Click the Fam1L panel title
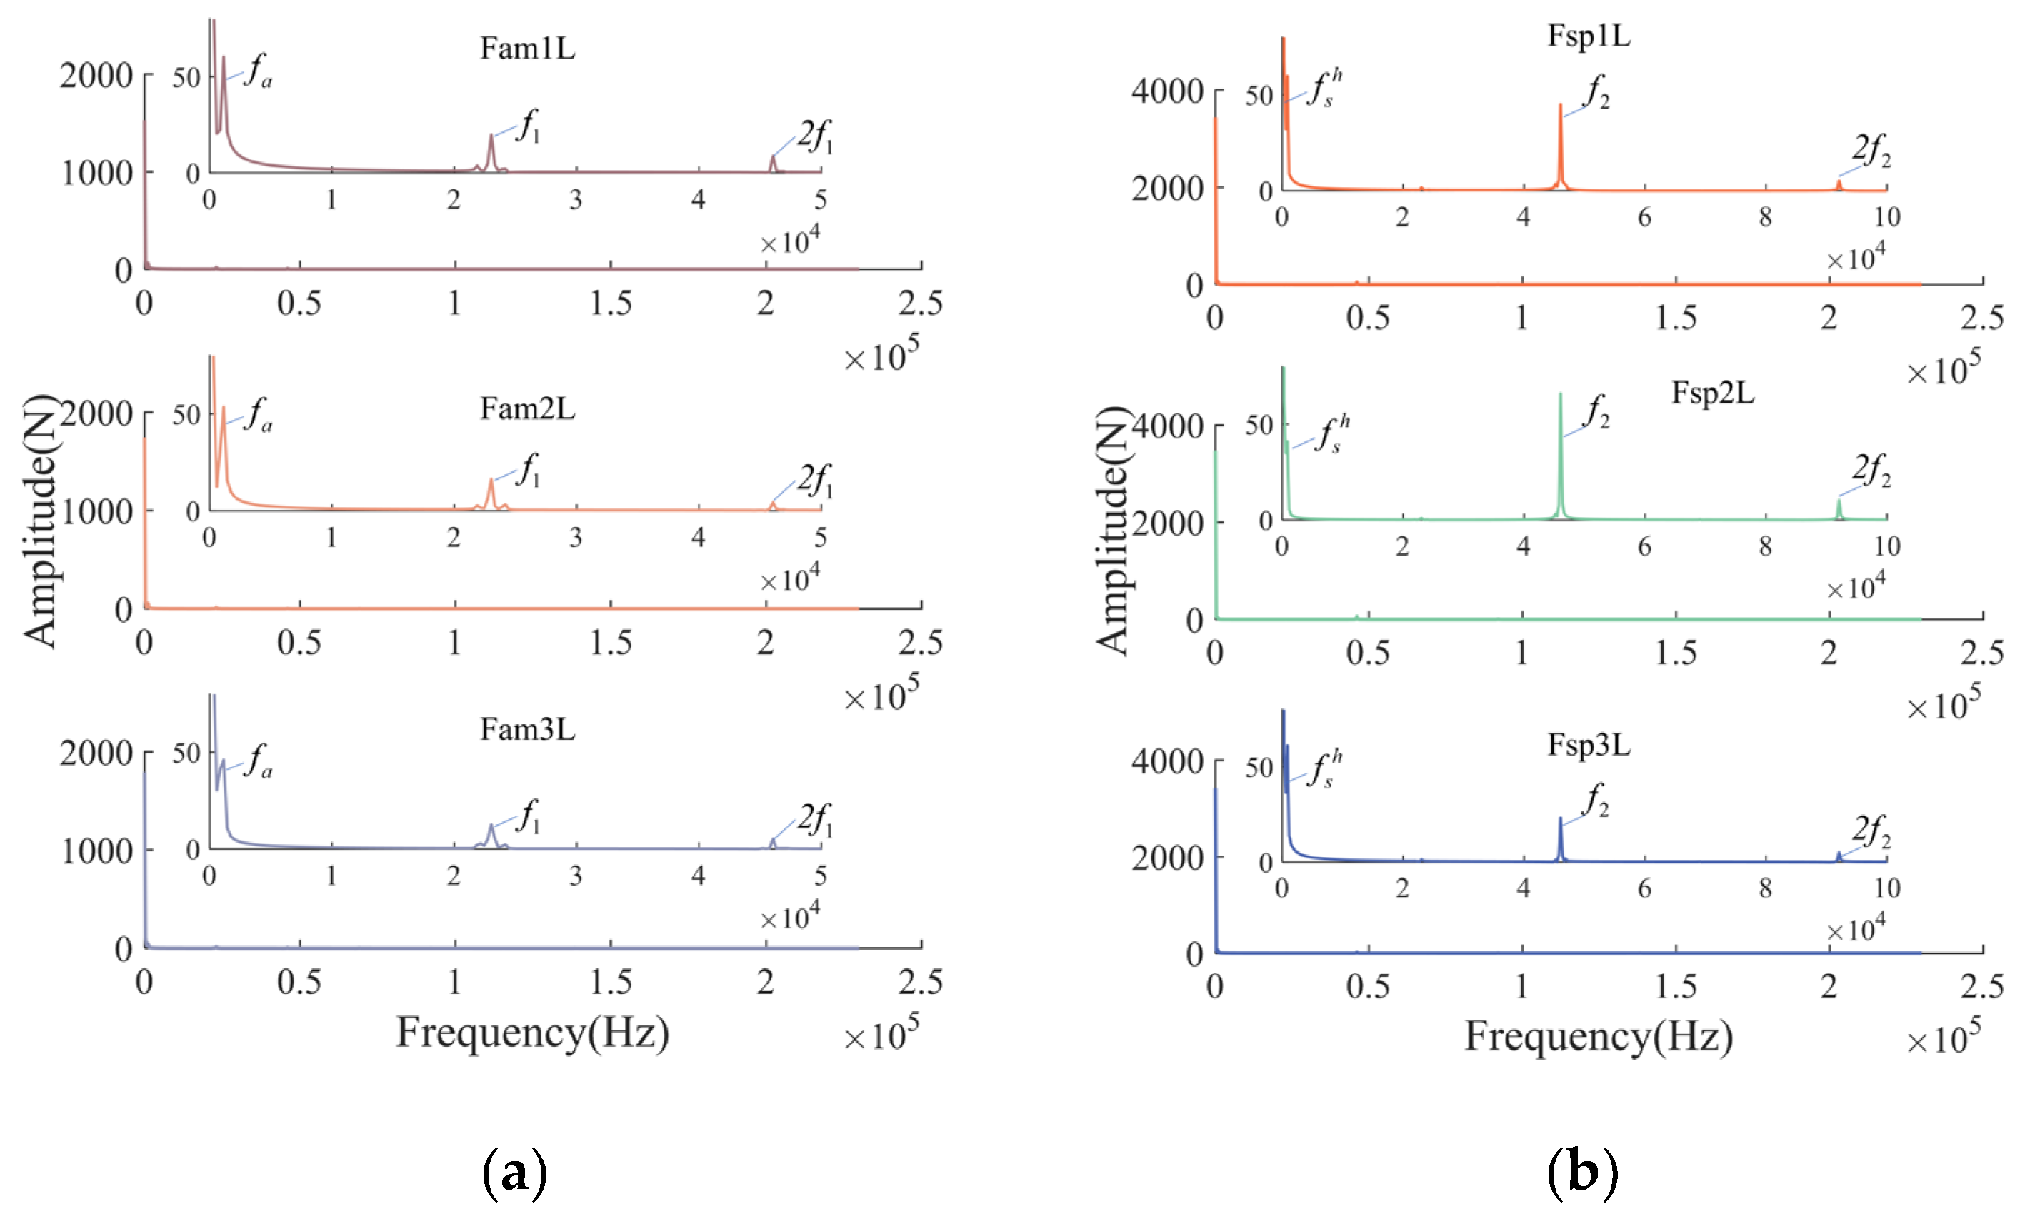click(527, 49)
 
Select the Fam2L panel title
click(527, 408)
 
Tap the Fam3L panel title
click(527, 729)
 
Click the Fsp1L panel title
click(1588, 36)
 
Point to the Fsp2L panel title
click(1713, 393)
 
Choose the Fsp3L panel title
click(1588, 745)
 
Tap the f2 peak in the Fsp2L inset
click(1560, 398)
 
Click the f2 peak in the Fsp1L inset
click(1560, 107)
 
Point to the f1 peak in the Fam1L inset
click(491, 138)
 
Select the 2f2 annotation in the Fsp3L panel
click(1871, 831)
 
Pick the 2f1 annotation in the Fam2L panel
click(815, 480)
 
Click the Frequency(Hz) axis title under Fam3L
click(532, 1032)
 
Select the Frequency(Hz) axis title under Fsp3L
click(1598, 1036)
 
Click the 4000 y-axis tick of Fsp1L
click(1166, 91)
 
